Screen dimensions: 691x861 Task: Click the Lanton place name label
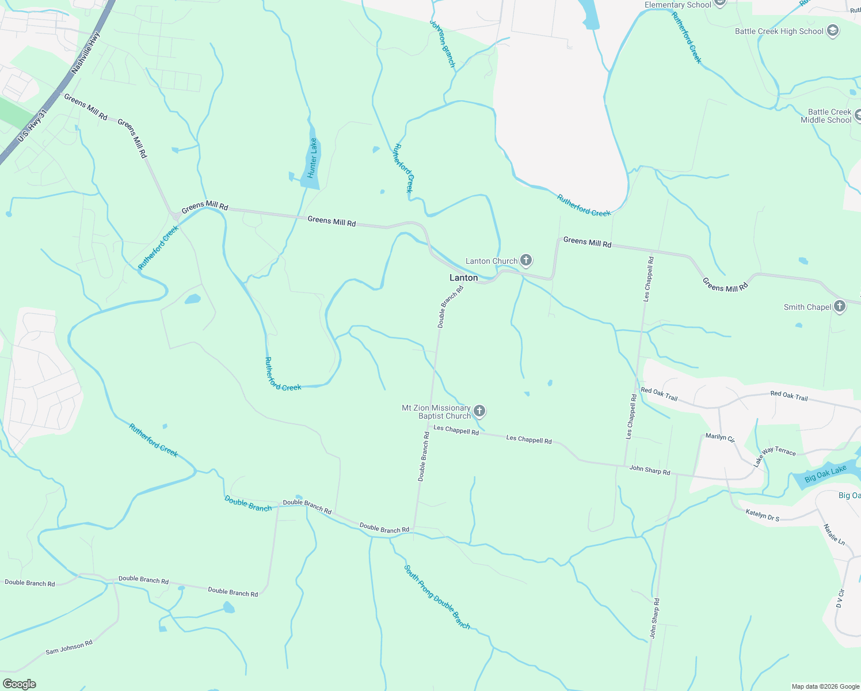tap(463, 278)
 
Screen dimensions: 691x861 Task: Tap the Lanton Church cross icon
tap(526, 260)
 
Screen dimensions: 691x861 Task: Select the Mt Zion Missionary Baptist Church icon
tap(479, 411)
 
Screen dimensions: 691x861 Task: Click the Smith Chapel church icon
tap(840, 306)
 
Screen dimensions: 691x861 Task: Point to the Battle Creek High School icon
tap(832, 31)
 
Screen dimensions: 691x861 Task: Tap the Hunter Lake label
tap(313, 158)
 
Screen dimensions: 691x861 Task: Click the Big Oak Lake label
tap(825, 474)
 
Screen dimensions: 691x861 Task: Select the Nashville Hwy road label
tap(85, 53)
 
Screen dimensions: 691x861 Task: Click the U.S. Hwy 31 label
tap(31, 127)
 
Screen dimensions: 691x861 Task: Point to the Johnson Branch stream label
tap(443, 44)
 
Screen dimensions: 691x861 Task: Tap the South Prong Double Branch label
tap(437, 597)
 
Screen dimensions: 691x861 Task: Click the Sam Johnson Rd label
tap(69, 647)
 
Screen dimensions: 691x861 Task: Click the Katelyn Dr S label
tap(762, 515)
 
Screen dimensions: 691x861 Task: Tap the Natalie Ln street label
tap(834, 535)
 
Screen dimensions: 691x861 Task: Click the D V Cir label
tap(840, 598)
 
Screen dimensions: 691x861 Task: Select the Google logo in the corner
tap(20, 684)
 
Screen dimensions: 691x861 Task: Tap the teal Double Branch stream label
tap(248, 503)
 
